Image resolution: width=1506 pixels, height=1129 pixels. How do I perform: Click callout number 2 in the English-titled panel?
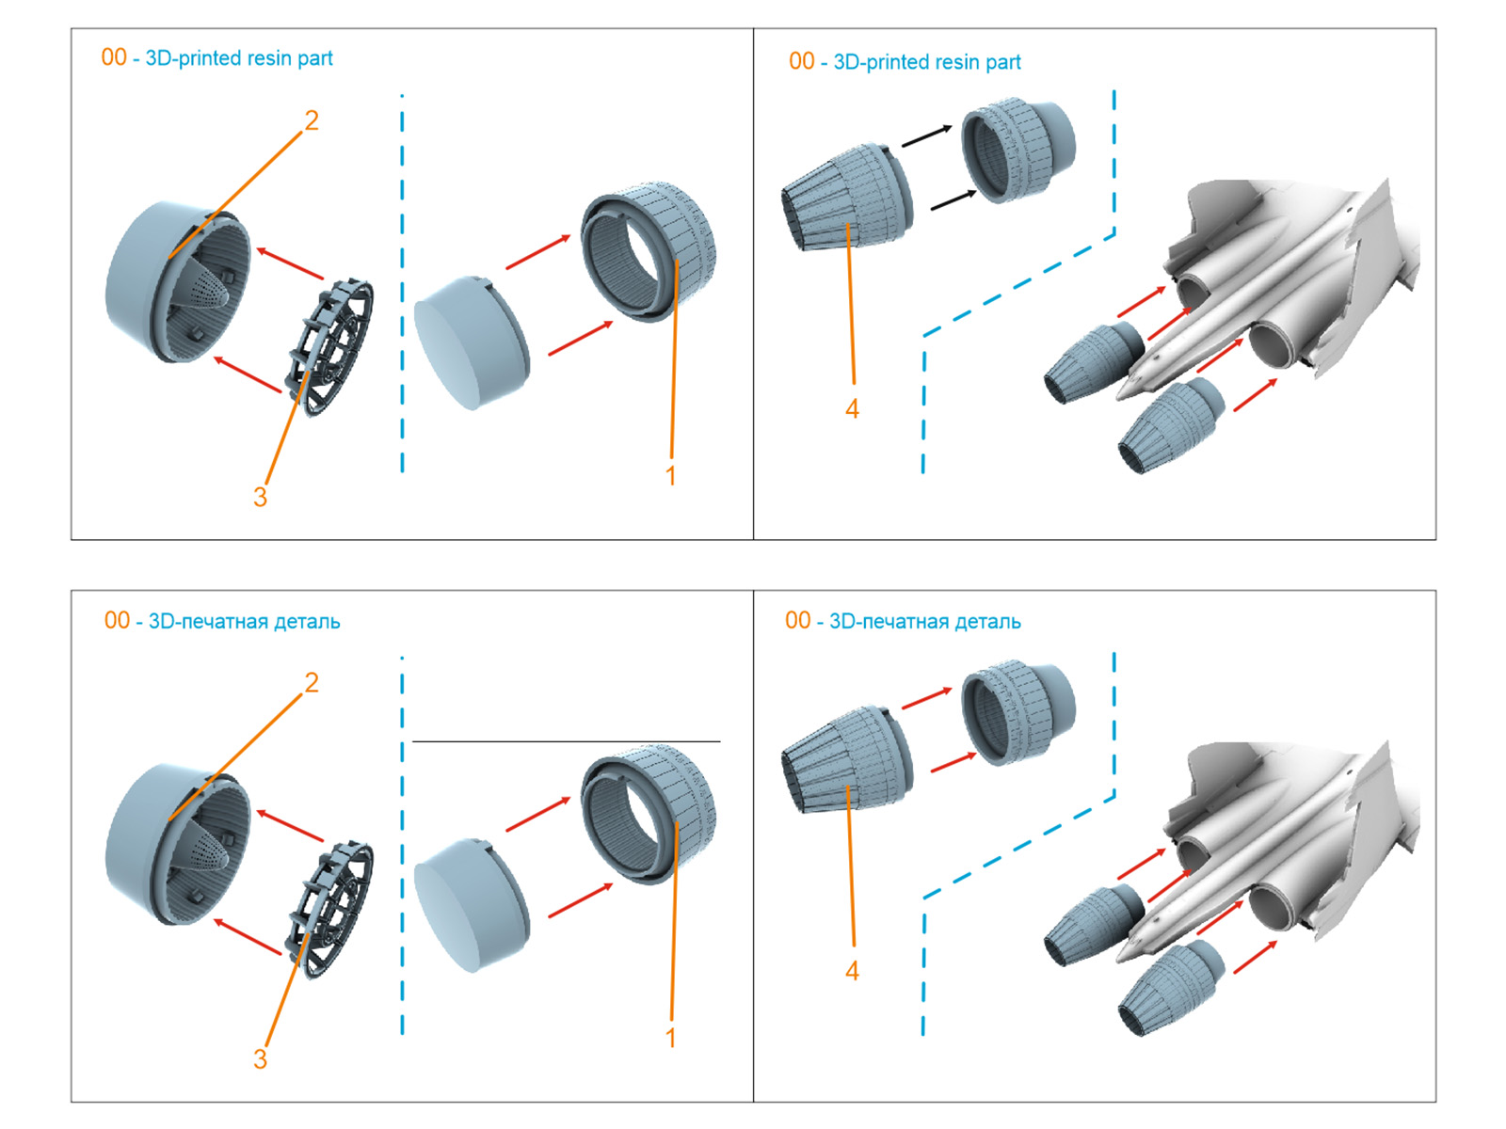312,120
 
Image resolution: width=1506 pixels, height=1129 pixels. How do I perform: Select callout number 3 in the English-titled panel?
260,497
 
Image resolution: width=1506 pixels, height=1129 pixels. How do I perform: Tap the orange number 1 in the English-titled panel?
670,476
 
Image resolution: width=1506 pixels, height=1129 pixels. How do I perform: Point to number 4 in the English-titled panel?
852,409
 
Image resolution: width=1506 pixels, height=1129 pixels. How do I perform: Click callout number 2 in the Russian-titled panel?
312,682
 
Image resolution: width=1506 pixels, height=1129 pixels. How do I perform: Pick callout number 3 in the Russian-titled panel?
260,1058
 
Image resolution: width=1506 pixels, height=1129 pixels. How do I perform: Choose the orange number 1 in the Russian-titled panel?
670,1038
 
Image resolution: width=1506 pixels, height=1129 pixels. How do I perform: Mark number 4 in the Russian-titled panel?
852,971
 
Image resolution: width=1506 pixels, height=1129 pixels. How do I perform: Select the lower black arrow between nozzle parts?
953,199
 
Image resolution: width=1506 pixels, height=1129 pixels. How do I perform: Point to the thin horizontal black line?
565,741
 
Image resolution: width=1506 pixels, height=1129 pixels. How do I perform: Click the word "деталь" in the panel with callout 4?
987,621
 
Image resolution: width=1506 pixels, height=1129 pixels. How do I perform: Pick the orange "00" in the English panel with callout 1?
114,57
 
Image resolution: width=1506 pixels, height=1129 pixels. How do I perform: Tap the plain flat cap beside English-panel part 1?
471,342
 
